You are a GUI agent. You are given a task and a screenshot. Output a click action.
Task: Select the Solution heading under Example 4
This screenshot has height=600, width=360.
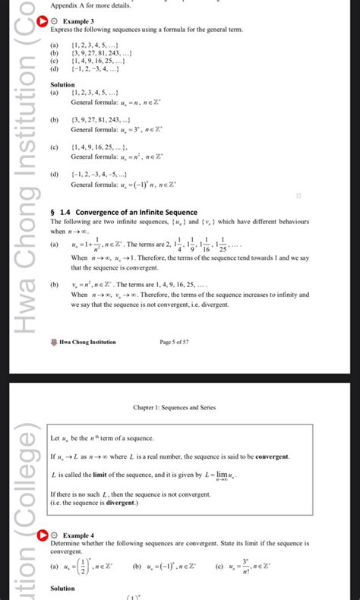click(x=62, y=589)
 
